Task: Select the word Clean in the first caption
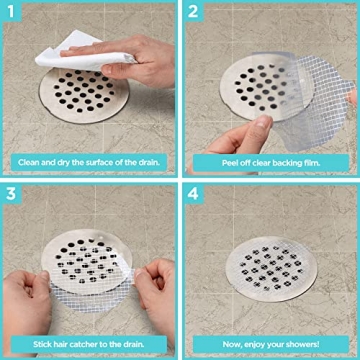pyautogui.click(x=30, y=161)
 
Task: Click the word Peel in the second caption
pyautogui.click(x=212, y=161)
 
